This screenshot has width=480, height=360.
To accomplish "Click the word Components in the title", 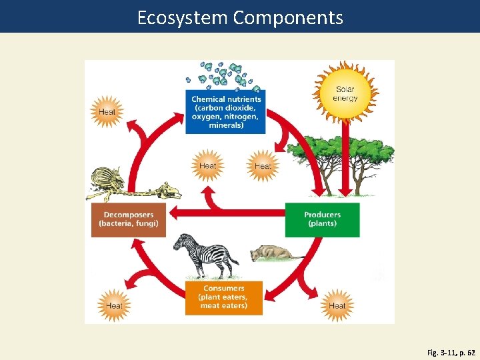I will point(288,17).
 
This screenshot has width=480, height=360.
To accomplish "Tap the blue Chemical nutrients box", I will point(225,111).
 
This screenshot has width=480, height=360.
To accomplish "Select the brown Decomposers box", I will point(129,219).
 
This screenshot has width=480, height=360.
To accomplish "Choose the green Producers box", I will point(322,219).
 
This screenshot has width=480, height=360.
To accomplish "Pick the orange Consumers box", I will point(224,297).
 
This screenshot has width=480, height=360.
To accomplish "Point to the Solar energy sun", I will point(345,91).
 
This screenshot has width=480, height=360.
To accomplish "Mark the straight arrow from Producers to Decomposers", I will point(227,213).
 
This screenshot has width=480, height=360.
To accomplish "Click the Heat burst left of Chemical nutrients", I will point(107,111).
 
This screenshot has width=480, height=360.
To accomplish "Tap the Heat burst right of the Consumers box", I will point(337,305).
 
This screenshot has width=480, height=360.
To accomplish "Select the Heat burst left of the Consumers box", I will point(115,305).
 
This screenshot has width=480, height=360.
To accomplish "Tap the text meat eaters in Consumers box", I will point(224,306).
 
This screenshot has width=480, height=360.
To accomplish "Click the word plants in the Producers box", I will point(322,224).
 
